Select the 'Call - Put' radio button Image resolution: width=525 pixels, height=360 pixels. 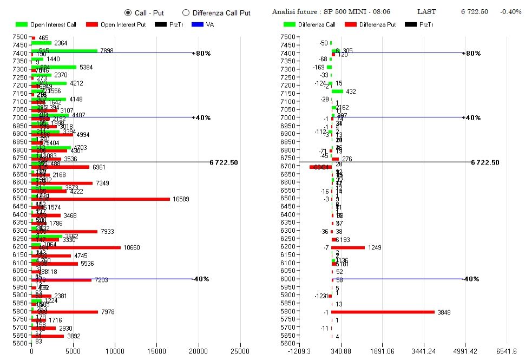(x=128, y=12)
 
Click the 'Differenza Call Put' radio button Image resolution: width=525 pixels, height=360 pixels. (x=186, y=12)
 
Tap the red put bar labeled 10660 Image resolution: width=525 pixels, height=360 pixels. (x=76, y=247)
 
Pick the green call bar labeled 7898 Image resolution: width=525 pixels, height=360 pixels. (x=64, y=51)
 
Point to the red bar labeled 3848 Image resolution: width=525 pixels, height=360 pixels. (x=383, y=312)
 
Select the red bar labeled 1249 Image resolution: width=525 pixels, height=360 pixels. (x=348, y=247)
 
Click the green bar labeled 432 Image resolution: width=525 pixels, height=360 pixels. (x=338, y=91)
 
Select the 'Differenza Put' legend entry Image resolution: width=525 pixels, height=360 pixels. (x=378, y=24)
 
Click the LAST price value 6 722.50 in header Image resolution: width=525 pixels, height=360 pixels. (x=474, y=12)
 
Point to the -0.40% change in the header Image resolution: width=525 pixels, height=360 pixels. (x=511, y=12)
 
